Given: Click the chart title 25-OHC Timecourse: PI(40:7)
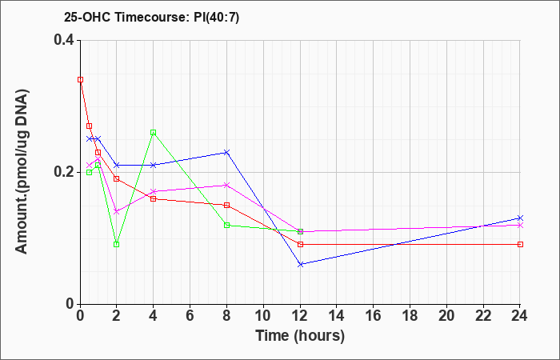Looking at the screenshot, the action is (x=151, y=17).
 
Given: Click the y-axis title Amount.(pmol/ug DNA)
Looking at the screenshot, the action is (x=22, y=172).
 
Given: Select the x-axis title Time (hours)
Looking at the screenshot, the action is (x=300, y=336).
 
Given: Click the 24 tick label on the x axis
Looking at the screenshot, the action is (x=519, y=316).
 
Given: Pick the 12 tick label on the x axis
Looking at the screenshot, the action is (x=300, y=316).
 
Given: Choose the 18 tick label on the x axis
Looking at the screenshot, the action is (x=410, y=316).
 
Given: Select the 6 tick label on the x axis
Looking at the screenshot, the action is (x=190, y=316).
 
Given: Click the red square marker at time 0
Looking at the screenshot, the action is (x=80, y=80).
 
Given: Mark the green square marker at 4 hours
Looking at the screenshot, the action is (x=154, y=133).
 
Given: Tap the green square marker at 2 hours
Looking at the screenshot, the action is (x=117, y=244).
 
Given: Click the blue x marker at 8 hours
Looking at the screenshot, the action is (x=226, y=153).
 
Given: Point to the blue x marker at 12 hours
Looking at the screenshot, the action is (x=300, y=264).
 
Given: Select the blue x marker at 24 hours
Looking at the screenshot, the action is (x=520, y=218).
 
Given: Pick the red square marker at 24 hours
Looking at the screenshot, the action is (x=520, y=244).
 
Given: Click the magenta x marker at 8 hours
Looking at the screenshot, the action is (x=226, y=185).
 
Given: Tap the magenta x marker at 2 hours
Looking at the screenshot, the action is (x=117, y=211).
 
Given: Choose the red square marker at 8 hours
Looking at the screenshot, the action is (x=226, y=205).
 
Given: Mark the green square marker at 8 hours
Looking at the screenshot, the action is (x=226, y=225).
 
